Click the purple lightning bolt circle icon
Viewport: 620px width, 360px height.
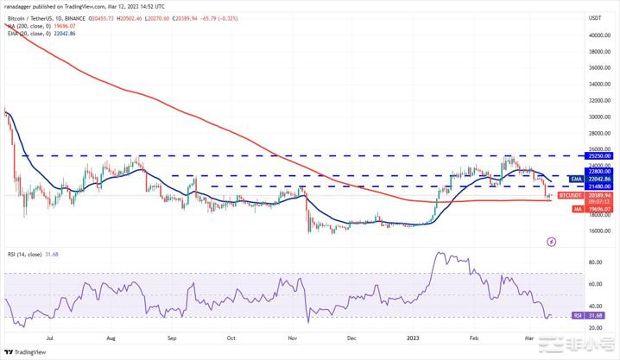tap(552, 242)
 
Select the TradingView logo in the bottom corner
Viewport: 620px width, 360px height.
tap(26, 352)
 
